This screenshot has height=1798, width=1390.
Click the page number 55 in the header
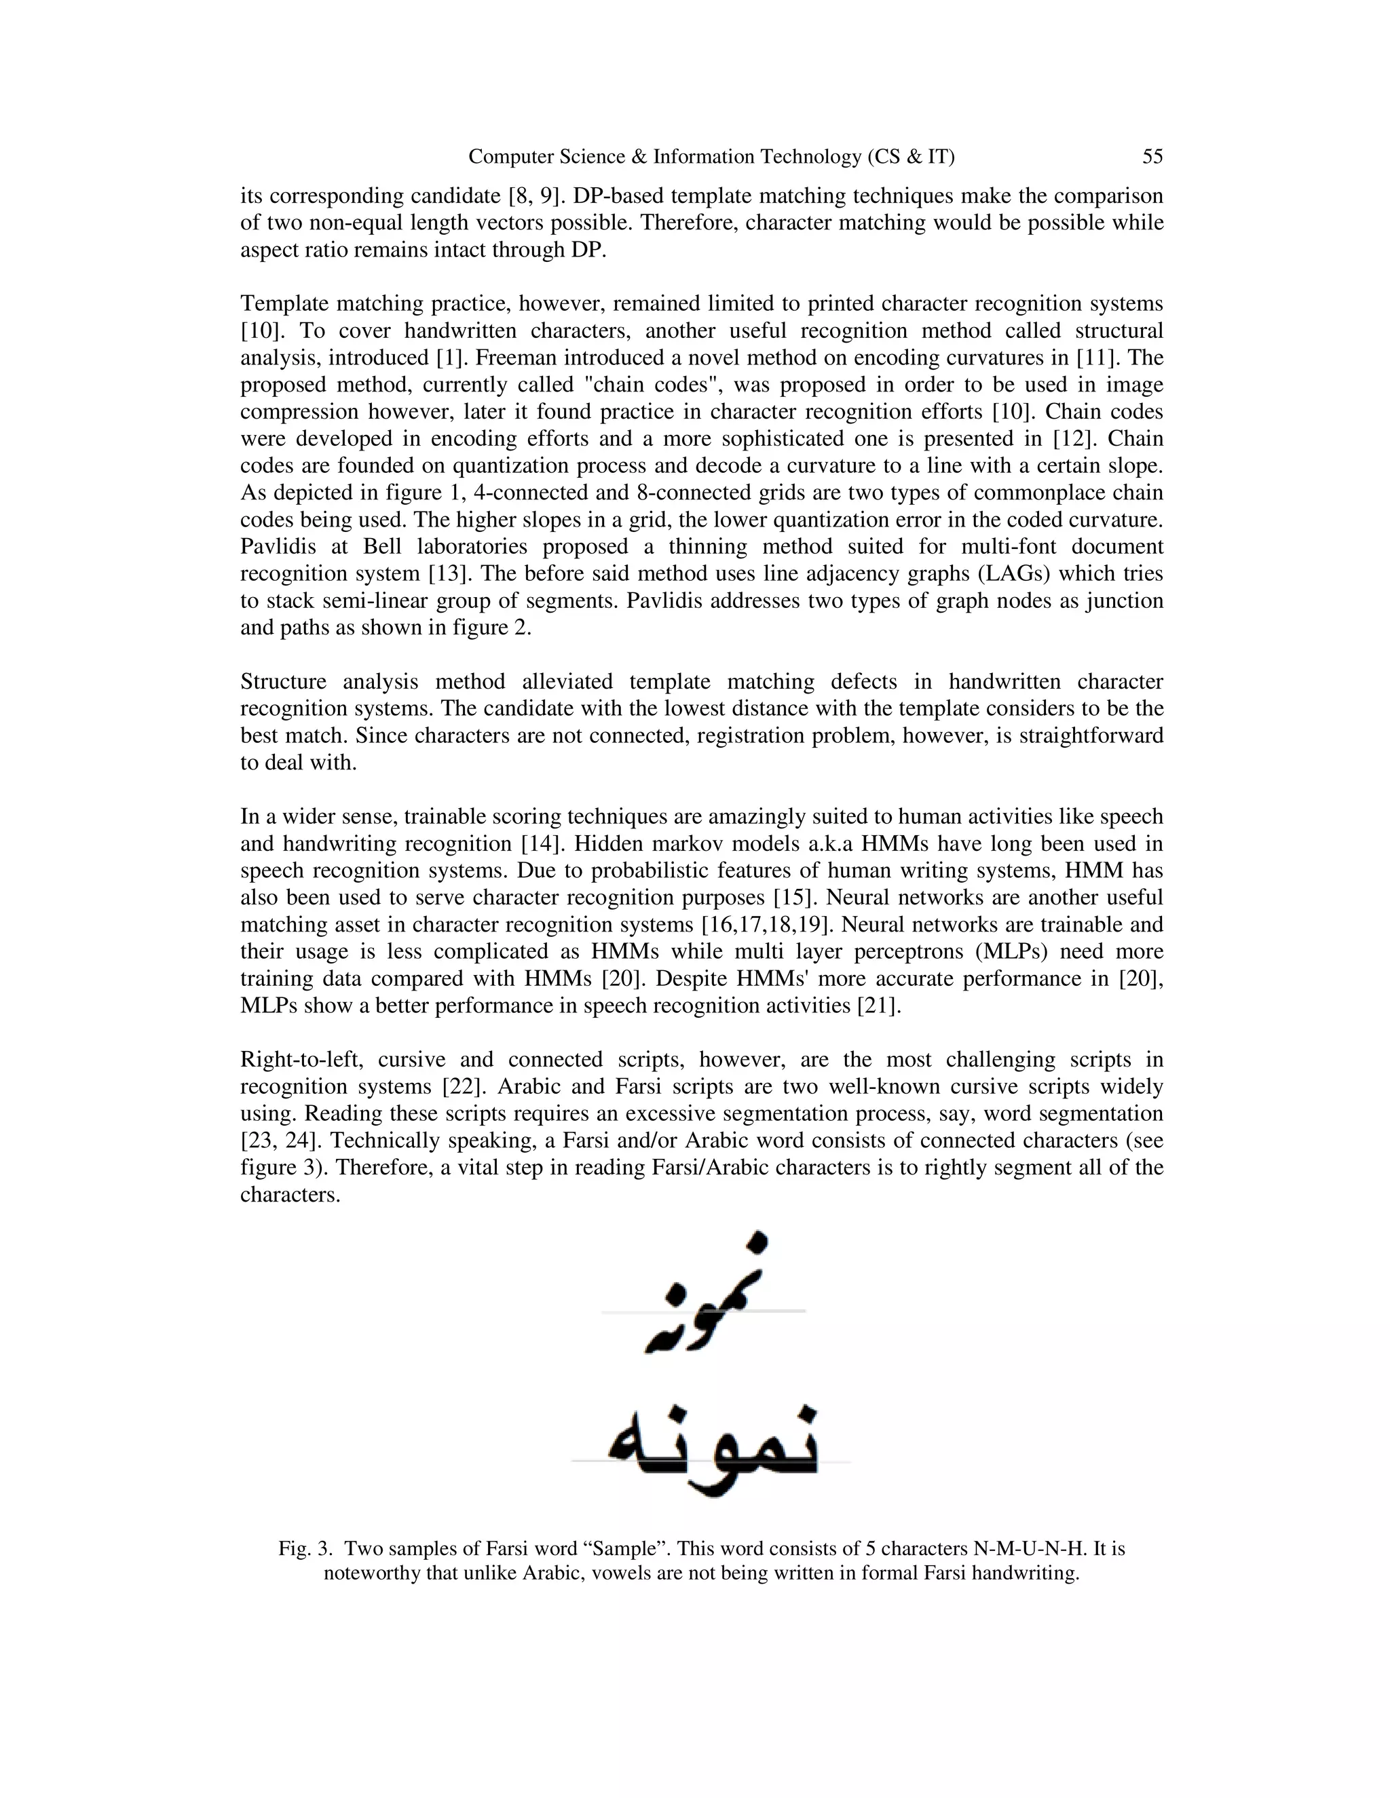point(1152,157)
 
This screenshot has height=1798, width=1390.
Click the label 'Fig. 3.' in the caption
point(305,1548)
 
